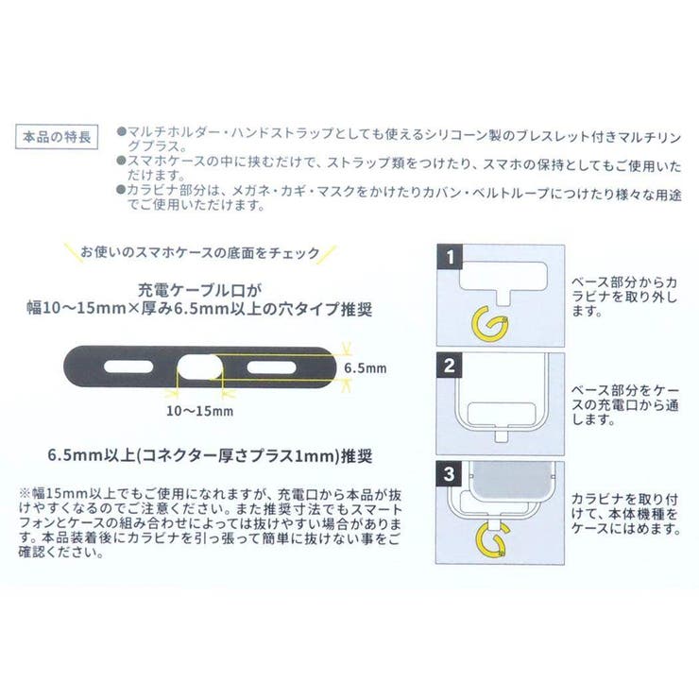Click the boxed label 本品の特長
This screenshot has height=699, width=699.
point(60,137)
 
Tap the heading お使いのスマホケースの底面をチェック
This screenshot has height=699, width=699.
point(199,254)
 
